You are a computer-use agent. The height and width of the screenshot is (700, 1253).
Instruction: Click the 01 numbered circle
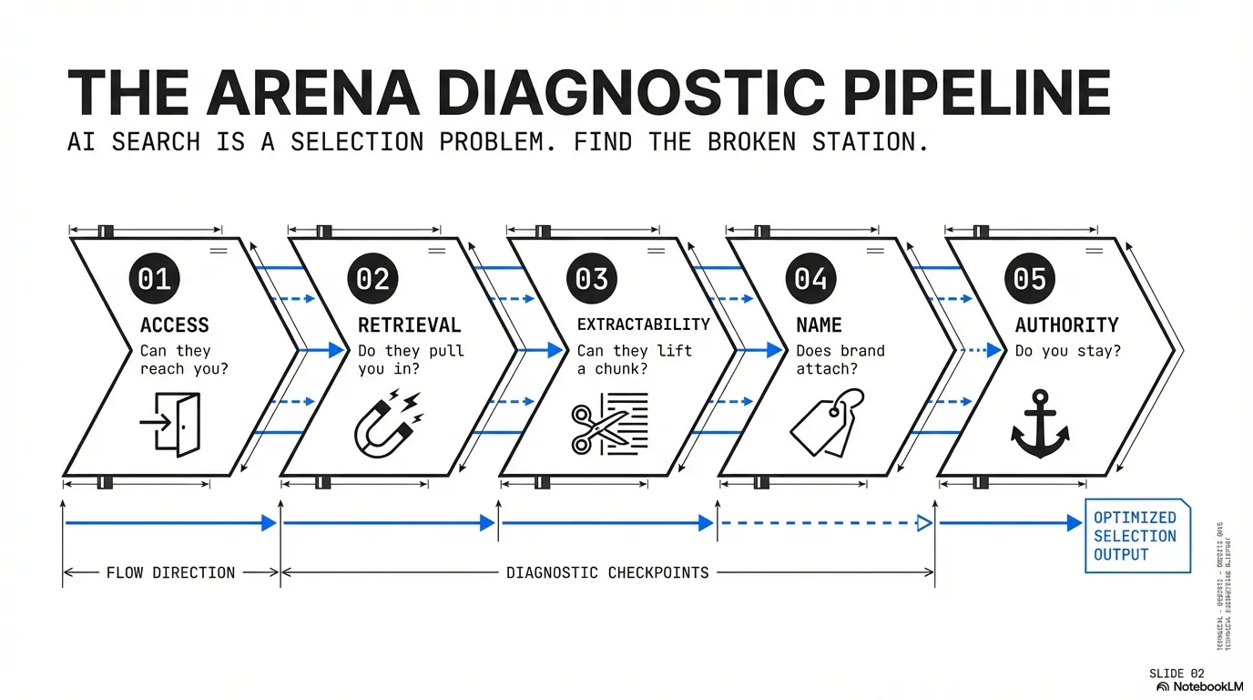154,278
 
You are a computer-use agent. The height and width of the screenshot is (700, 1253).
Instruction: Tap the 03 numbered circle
592,278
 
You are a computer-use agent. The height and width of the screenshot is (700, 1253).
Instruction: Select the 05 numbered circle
1030,278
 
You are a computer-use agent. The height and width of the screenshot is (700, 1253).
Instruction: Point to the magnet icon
386,423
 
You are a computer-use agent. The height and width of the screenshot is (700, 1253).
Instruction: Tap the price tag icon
827,422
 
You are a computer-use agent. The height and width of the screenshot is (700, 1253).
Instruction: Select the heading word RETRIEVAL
409,325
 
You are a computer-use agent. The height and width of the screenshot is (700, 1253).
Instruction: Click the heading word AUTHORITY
1054,325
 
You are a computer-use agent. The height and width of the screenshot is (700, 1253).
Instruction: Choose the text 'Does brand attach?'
840,360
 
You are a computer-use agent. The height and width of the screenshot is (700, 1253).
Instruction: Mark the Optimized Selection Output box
1136,536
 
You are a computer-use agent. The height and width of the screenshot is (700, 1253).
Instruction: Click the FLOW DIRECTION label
170,573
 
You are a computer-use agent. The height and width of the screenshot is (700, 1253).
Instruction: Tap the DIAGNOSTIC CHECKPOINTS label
606,573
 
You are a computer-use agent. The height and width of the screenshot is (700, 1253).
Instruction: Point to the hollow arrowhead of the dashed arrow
923,523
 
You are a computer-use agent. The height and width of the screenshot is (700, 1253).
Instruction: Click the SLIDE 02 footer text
1177,674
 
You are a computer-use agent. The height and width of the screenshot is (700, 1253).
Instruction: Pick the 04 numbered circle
810,278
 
